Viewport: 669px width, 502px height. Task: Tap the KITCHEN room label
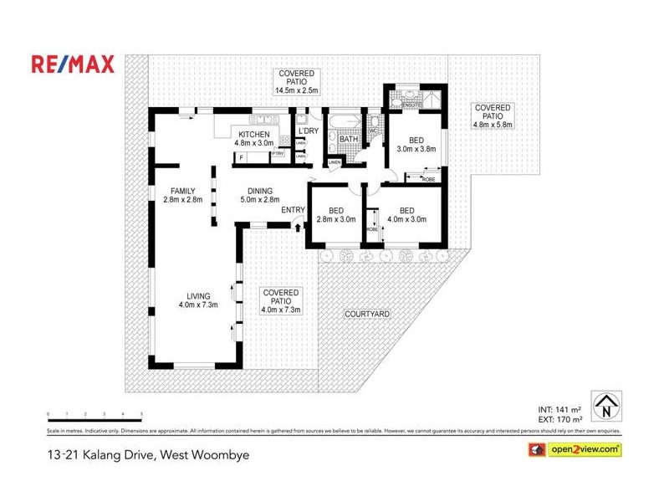pos(254,135)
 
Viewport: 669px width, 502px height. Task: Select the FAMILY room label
pos(182,191)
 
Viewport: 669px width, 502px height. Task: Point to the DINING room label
pos(259,191)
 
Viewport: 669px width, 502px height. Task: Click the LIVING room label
pos(198,295)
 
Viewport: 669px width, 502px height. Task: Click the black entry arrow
pos(299,223)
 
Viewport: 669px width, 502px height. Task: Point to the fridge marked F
pos(242,156)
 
